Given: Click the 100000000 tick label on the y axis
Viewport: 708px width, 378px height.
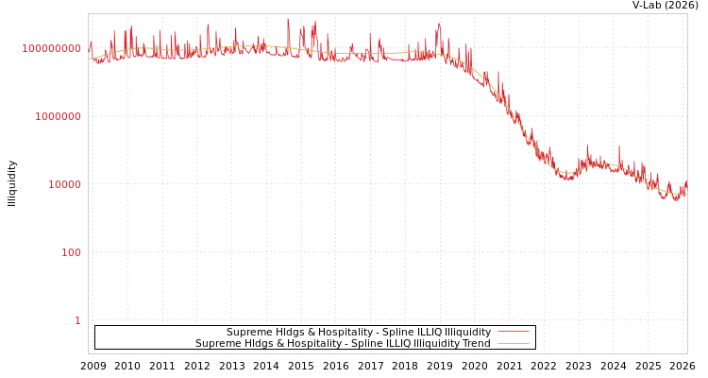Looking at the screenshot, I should [52, 48].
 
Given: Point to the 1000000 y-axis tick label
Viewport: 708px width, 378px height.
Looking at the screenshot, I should [59, 116].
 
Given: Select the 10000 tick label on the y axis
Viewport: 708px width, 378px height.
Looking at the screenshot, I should [65, 184].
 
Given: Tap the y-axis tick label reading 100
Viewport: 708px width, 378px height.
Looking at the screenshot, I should [72, 252].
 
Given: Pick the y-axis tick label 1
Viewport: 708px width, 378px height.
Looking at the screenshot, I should [77, 320].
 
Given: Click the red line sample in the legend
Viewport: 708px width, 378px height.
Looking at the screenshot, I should [513, 332].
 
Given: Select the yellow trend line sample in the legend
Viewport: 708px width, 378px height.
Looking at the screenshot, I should [513, 343].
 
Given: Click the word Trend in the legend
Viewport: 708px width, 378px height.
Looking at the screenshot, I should [475, 344].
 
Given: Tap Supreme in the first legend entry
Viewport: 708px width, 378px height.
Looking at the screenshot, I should [247, 333].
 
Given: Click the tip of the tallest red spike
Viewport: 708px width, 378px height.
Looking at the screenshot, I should [289, 19].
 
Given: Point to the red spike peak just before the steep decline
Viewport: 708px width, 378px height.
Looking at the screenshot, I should [439, 24].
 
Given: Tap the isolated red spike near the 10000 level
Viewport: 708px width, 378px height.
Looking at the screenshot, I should [619, 146].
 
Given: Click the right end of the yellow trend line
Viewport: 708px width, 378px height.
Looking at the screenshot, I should [686, 196].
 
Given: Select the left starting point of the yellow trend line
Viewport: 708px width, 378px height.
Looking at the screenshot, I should [89, 59].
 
